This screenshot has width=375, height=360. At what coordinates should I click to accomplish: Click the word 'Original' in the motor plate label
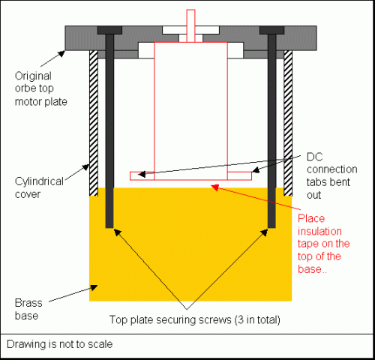[33, 76]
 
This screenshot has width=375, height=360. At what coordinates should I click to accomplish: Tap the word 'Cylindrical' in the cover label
[39, 181]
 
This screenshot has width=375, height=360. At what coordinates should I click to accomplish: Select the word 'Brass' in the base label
[28, 303]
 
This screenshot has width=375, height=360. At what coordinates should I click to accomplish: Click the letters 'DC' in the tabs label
[315, 157]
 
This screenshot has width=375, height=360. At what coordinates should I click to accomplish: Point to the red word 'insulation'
[319, 231]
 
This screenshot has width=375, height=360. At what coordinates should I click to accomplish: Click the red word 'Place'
[311, 219]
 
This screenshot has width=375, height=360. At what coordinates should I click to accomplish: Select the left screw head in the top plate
[109, 30]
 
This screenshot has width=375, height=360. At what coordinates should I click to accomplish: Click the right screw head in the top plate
[272, 30]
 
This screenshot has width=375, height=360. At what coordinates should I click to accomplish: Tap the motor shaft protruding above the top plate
[190, 25]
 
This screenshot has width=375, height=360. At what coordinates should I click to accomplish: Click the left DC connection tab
[142, 175]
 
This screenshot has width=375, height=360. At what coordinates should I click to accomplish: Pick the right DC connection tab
[239, 175]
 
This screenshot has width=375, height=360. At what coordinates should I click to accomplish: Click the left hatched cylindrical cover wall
[94, 123]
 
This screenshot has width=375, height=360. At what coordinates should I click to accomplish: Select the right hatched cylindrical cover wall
[288, 123]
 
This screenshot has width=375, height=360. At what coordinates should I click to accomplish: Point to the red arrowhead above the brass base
[215, 187]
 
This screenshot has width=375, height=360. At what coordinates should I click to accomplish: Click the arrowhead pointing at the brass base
[94, 287]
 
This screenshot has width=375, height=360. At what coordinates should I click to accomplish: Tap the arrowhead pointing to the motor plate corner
[61, 53]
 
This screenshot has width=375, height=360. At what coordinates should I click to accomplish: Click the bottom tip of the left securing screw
[109, 228]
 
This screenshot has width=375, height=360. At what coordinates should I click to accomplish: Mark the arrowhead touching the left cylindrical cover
[86, 167]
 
